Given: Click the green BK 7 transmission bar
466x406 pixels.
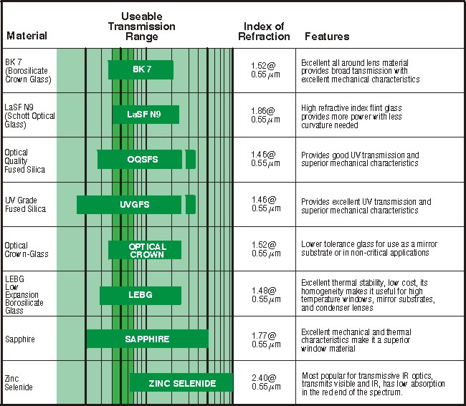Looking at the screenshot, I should click(x=141, y=69).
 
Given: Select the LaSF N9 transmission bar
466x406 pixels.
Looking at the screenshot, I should click(x=146, y=115).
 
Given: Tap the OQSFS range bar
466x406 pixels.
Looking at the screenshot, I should click(x=140, y=159).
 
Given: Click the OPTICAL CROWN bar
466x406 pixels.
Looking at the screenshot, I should click(x=145, y=249).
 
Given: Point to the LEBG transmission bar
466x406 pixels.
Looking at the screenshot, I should click(x=135, y=295).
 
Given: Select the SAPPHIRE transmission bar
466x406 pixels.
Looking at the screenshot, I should click(x=148, y=339).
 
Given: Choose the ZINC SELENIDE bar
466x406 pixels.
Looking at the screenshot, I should click(x=181, y=383).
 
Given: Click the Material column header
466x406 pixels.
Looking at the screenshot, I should click(x=27, y=36).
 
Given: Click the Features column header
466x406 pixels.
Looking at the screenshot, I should click(x=327, y=36).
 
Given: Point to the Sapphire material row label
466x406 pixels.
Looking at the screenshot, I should click(x=20, y=339).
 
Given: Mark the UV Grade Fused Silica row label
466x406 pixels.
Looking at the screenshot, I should click(x=25, y=204).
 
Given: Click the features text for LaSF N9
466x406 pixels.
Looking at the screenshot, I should click(x=354, y=115).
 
